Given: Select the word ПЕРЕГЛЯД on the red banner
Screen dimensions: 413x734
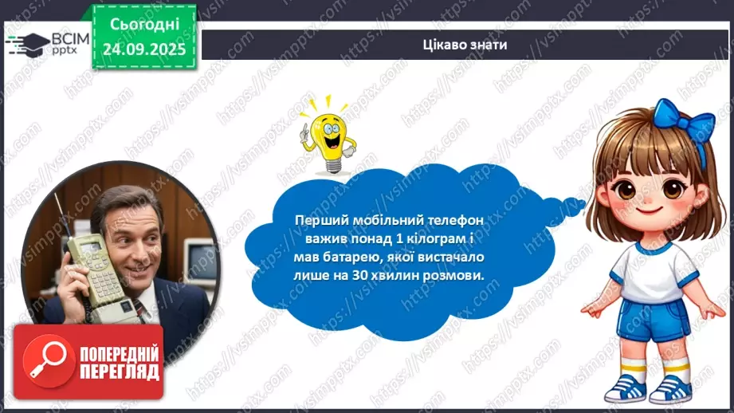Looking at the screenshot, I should [x=119, y=372].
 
